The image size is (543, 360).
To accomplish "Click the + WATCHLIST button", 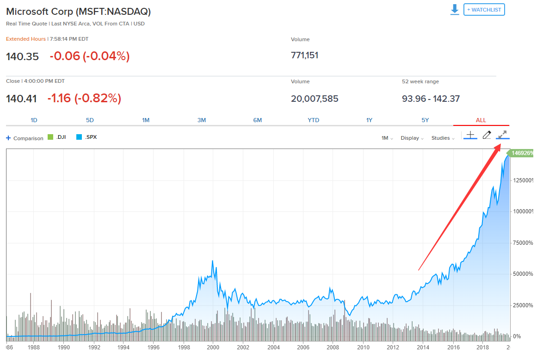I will tap(484, 10).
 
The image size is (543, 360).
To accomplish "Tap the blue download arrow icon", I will tap(455, 10).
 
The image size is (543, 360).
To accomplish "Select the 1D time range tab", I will tap(34, 120).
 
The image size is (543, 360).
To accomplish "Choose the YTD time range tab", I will tap(314, 120).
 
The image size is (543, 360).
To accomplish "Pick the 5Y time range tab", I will tap(425, 120).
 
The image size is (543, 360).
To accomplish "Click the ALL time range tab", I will tap(481, 120).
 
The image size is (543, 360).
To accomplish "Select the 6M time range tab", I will tap(258, 120).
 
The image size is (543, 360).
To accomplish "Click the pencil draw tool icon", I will tap(487, 135).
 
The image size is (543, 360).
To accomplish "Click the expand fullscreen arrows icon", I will tap(502, 135).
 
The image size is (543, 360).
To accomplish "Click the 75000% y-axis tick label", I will tap(524, 242).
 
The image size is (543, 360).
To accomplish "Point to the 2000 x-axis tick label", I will tap(213, 347).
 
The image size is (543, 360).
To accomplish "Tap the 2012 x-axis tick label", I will tap(393, 347).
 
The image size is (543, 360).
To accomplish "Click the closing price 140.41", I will tap(21, 99).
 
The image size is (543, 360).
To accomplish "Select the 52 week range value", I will tap(431, 99).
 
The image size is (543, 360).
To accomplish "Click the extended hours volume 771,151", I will tap(304, 56).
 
